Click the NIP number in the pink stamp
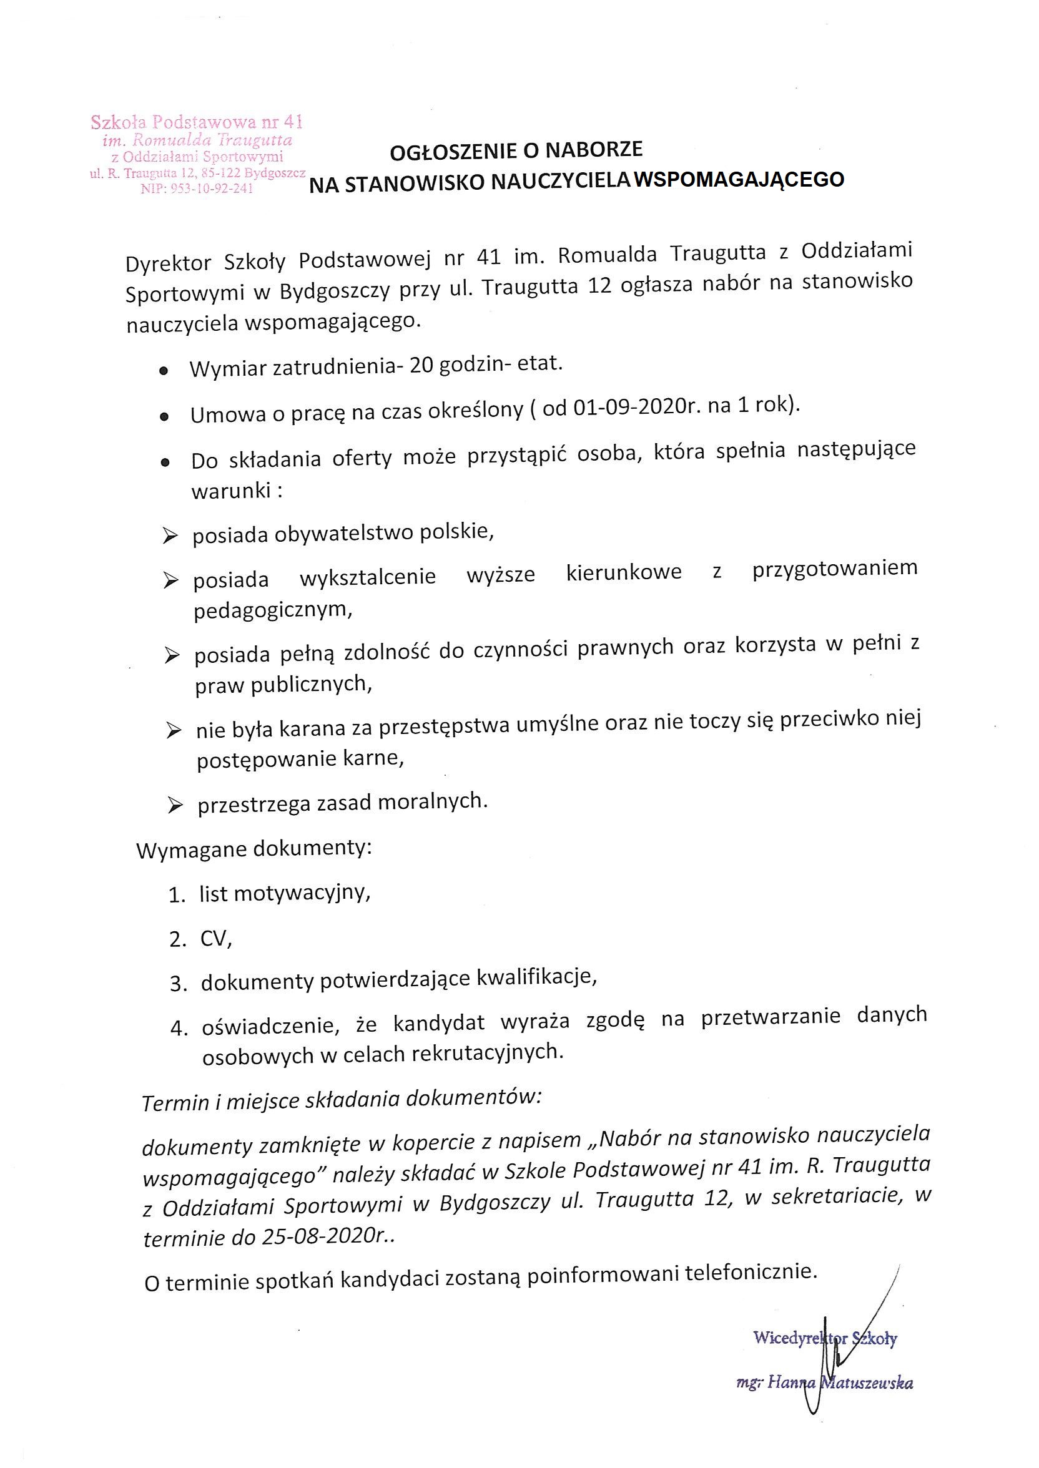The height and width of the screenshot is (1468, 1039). coord(197,188)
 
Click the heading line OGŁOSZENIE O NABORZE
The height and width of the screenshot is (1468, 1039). coord(516,151)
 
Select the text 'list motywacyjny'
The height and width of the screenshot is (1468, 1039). coord(283,893)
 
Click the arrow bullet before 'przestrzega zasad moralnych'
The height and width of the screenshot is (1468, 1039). coord(174,806)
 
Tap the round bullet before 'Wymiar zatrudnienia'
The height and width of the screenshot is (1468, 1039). coord(164,371)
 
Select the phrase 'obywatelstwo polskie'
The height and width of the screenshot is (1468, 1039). coord(384,532)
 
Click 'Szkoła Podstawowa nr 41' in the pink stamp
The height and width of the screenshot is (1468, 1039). coord(197,122)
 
